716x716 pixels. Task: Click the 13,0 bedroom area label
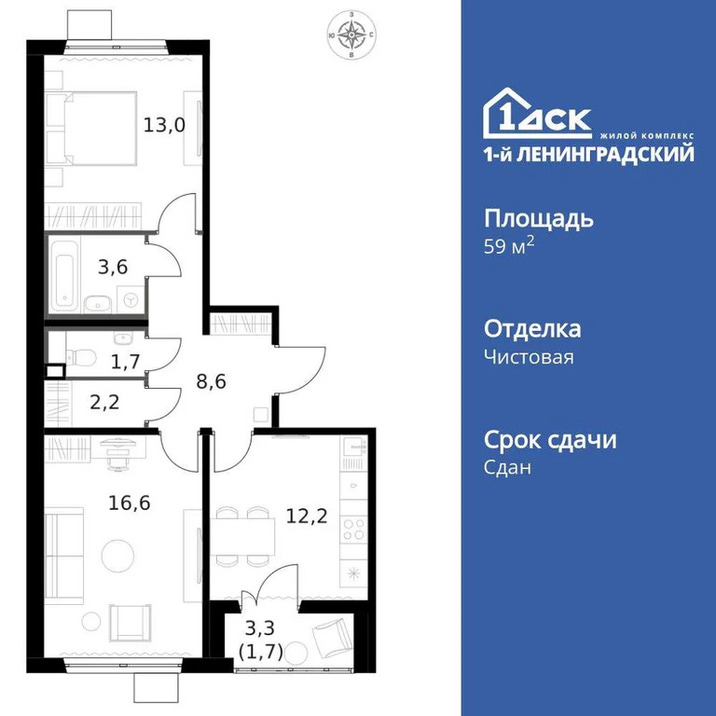[x=164, y=124]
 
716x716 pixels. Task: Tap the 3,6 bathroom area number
[x=113, y=268]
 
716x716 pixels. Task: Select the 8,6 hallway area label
[x=216, y=380]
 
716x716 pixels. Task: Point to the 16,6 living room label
[x=129, y=503]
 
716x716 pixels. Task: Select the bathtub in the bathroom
[x=64, y=276]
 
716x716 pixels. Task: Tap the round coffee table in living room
[x=117, y=556]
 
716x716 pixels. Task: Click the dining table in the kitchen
[x=242, y=537]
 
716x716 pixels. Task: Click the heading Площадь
[x=539, y=219]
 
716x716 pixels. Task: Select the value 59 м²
[x=509, y=249]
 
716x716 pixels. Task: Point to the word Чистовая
[x=529, y=357]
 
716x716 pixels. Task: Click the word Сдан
[x=507, y=468]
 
